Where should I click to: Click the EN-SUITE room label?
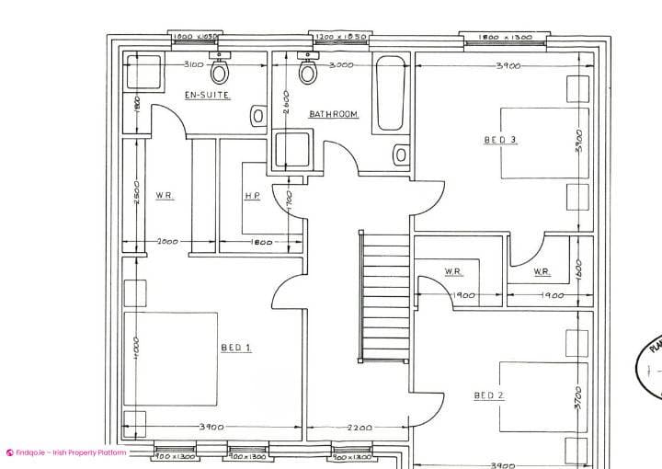[207, 95]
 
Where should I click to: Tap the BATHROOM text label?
[333, 114]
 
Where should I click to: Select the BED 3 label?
[500, 140]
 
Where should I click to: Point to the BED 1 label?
[236, 347]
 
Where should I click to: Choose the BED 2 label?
[489, 395]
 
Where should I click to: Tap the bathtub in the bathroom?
[391, 93]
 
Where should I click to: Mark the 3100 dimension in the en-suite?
[193, 64]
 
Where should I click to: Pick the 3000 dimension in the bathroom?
[341, 64]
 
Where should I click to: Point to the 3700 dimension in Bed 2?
[578, 397]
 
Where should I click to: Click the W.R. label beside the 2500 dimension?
[165, 196]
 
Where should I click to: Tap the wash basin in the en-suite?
[258, 116]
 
